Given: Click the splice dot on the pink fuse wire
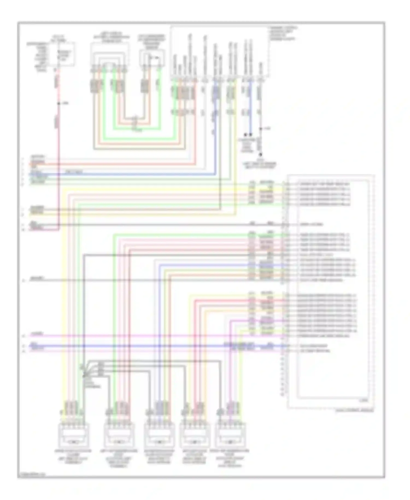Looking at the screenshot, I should pyautogui.click(x=58, y=104).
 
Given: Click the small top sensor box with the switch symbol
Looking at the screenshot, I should pyautogui.click(x=152, y=58).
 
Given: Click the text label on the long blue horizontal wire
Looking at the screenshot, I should pyautogui.click(x=74, y=172).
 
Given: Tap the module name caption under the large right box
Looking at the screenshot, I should pyautogui.click(x=354, y=410).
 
